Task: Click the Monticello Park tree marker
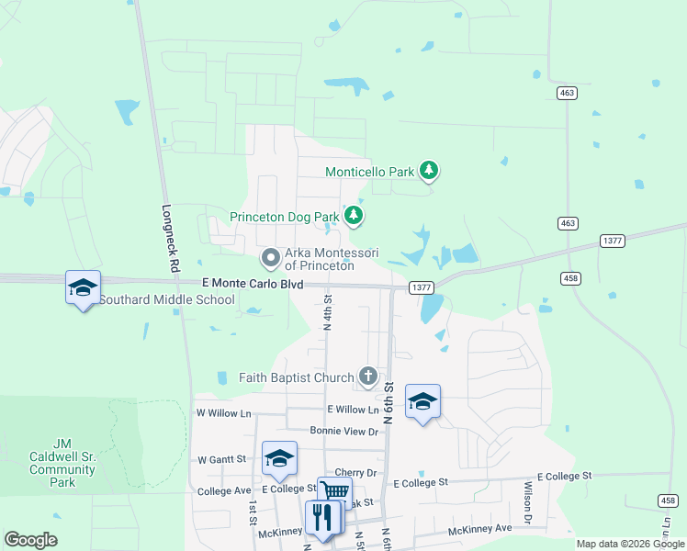pos(428,170)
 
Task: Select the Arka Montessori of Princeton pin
pos(270,259)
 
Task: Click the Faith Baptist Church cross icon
pos(368,376)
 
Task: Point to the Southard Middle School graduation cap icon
pos(83,287)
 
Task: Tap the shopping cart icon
pos(335,492)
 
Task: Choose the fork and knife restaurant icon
pos(322,516)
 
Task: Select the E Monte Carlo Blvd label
pos(253,286)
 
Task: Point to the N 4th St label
pos(327,311)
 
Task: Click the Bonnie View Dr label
pos(344,431)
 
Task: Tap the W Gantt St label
pos(222,458)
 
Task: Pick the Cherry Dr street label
pos(358,473)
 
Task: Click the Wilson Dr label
pos(529,503)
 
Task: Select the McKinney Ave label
pos(479,530)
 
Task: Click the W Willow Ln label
pos(223,413)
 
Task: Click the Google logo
pos(31,540)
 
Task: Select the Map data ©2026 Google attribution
pos(629,544)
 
